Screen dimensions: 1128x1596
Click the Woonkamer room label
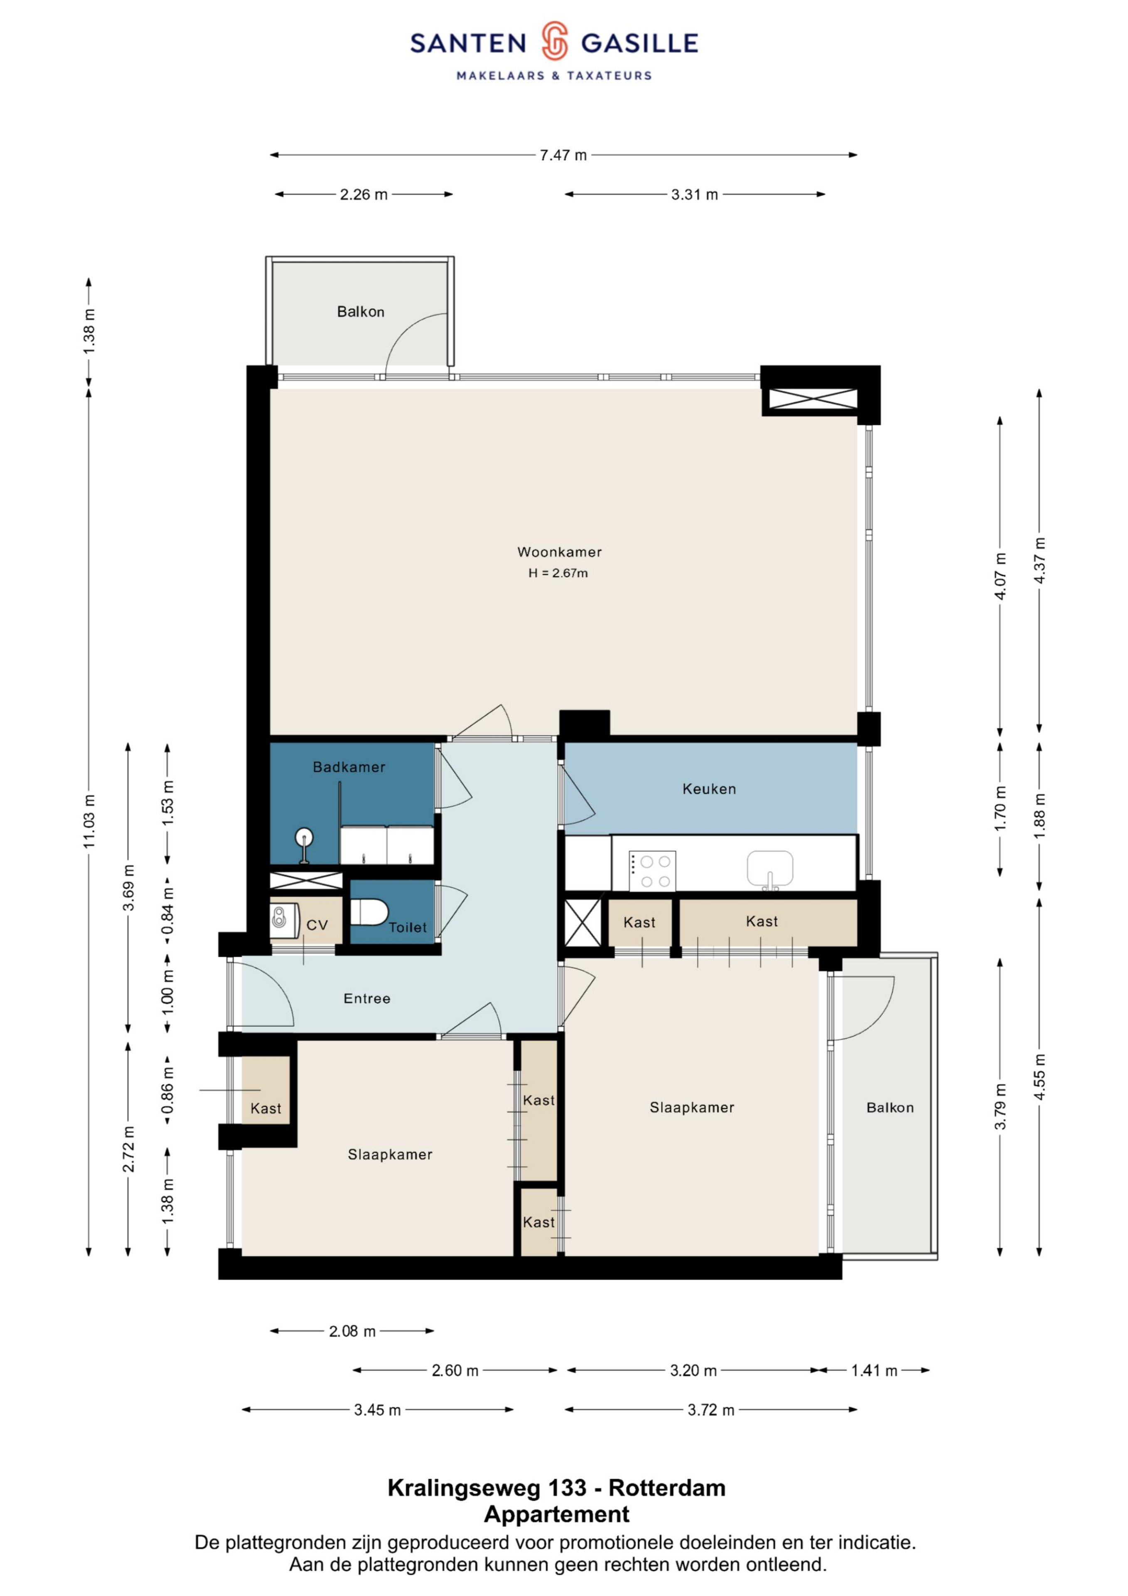[560, 552]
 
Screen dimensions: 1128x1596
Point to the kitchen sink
[770, 869]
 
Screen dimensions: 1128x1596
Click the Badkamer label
[349, 767]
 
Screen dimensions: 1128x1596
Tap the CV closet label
[317, 925]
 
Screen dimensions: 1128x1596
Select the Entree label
[367, 998]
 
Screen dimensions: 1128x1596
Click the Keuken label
[709, 789]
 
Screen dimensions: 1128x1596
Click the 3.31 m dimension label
[694, 195]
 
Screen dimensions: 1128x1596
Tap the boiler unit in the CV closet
[284, 920]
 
